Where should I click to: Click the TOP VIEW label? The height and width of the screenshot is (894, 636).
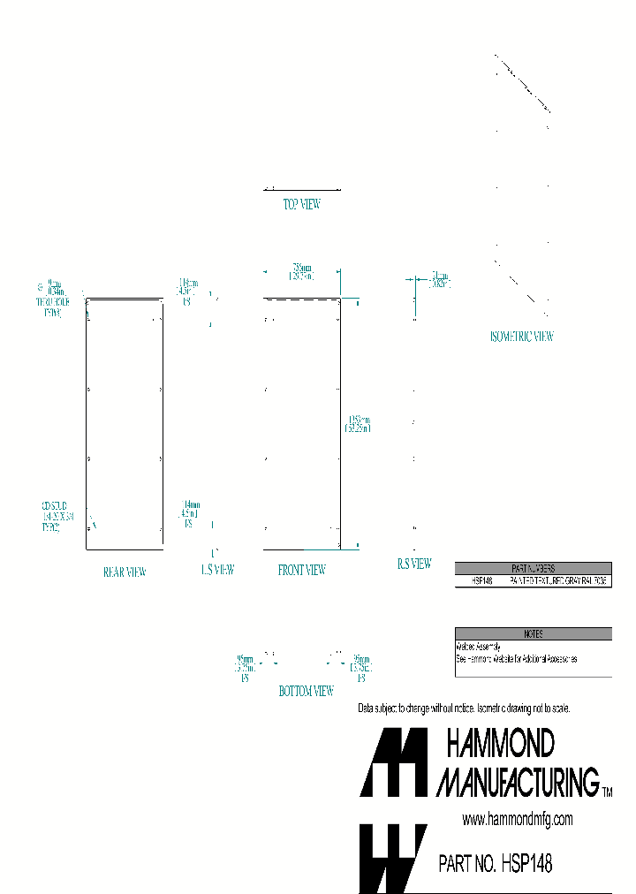[301, 204]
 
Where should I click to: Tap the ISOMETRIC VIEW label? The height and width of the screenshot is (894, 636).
[521, 337]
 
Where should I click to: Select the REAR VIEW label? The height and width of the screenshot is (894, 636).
[125, 572]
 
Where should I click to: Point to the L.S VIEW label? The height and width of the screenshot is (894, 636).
[217, 570]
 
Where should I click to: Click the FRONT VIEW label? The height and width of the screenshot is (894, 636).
[302, 570]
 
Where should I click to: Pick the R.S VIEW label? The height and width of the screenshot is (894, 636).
[413, 564]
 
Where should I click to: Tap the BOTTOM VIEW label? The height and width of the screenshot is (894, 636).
[306, 691]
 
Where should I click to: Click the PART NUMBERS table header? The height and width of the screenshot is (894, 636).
[533, 569]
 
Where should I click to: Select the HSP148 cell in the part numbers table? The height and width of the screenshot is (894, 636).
[481, 581]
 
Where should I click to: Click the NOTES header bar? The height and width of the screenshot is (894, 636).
[533, 633]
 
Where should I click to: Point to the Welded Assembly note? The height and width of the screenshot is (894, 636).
[478, 647]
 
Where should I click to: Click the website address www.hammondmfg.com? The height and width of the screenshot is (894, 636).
[518, 820]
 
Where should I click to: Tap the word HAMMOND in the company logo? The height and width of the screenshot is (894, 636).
[500, 745]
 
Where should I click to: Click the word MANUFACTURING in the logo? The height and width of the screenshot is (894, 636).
[519, 781]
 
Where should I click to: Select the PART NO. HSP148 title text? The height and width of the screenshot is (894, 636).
[495, 863]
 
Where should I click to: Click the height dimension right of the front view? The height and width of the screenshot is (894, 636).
[359, 423]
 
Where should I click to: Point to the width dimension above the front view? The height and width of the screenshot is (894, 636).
[302, 271]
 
